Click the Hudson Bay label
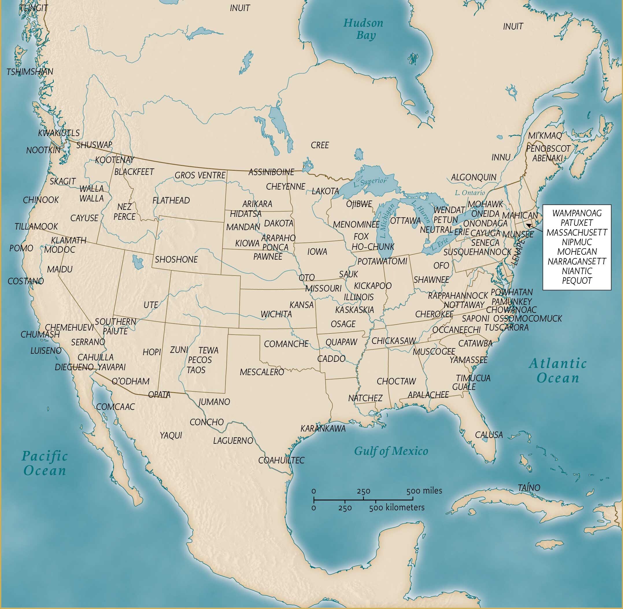click(x=363, y=29)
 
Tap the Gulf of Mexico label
click(x=391, y=451)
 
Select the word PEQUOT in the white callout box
click(x=577, y=280)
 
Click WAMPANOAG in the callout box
click(x=577, y=213)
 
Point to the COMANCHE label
click(x=286, y=344)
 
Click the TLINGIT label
click(x=34, y=8)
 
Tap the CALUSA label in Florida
click(x=489, y=435)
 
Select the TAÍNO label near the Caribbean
click(x=529, y=488)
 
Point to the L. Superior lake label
click(x=370, y=181)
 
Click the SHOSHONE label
click(x=176, y=259)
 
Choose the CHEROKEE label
click(x=434, y=314)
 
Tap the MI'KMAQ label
click(x=545, y=136)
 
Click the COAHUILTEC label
click(x=281, y=460)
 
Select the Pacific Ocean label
click(x=45, y=463)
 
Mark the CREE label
click(x=319, y=145)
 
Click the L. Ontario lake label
click(x=470, y=193)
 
